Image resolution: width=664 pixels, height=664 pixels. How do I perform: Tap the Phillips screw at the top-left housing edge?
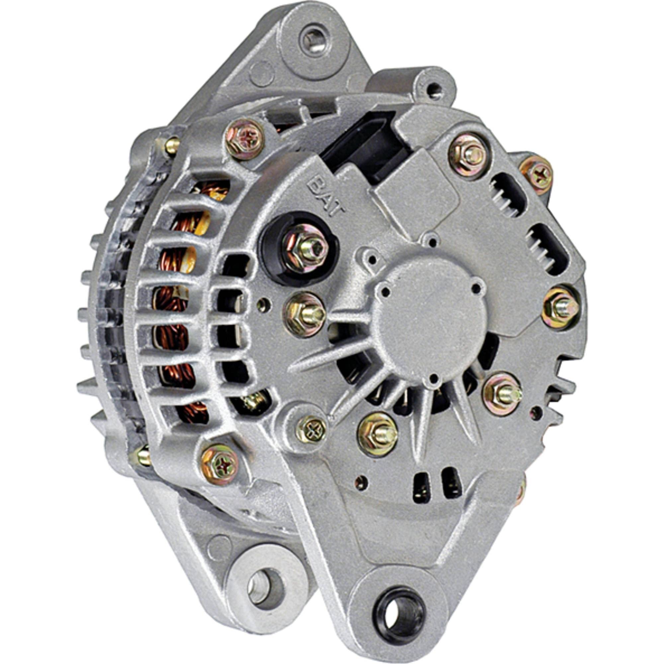tap(245, 139)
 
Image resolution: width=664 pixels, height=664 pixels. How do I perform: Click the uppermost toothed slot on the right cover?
tap(508, 194)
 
